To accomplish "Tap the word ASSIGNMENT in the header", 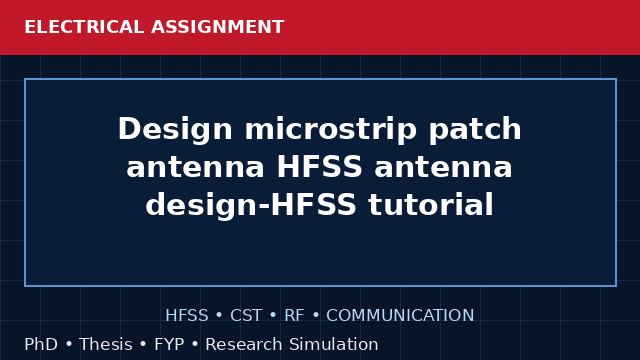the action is [x=218, y=27].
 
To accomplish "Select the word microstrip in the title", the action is [x=331, y=130].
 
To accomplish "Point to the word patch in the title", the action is [x=475, y=130].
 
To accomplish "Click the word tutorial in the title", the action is [x=431, y=204].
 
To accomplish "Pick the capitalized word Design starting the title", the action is [x=175, y=130].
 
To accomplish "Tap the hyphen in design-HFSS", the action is [x=264, y=206].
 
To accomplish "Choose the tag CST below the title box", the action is [x=246, y=316].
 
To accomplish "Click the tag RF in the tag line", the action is [x=294, y=316].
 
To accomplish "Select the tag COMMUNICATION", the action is [x=400, y=316].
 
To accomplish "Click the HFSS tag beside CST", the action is [x=187, y=316].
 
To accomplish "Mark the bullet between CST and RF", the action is [x=273, y=316].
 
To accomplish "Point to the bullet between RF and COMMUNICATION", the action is [x=316, y=316].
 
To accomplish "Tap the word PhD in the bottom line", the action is [x=41, y=344].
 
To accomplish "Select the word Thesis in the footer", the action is [x=106, y=344].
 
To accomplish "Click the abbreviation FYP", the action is [x=169, y=344].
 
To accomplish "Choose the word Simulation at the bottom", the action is [x=334, y=344].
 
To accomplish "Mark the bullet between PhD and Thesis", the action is [x=69, y=344].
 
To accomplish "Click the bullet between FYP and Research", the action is [x=195, y=344].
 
